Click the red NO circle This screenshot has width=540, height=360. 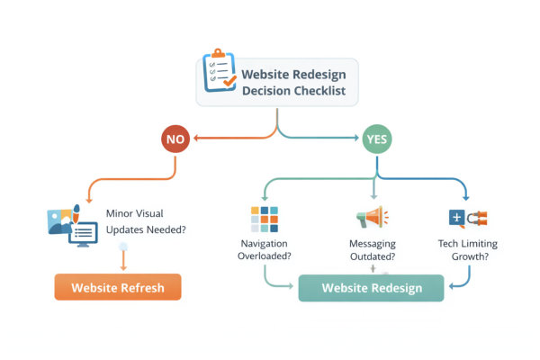tap(175, 139)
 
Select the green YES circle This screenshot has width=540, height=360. tap(375, 139)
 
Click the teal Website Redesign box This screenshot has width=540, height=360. tap(370, 288)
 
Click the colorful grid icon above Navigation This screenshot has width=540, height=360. tap(264, 219)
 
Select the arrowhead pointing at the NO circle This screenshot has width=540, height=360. tap(194, 139)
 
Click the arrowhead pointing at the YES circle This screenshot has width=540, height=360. tap(356, 139)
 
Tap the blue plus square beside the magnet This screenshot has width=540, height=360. tap(456, 218)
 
